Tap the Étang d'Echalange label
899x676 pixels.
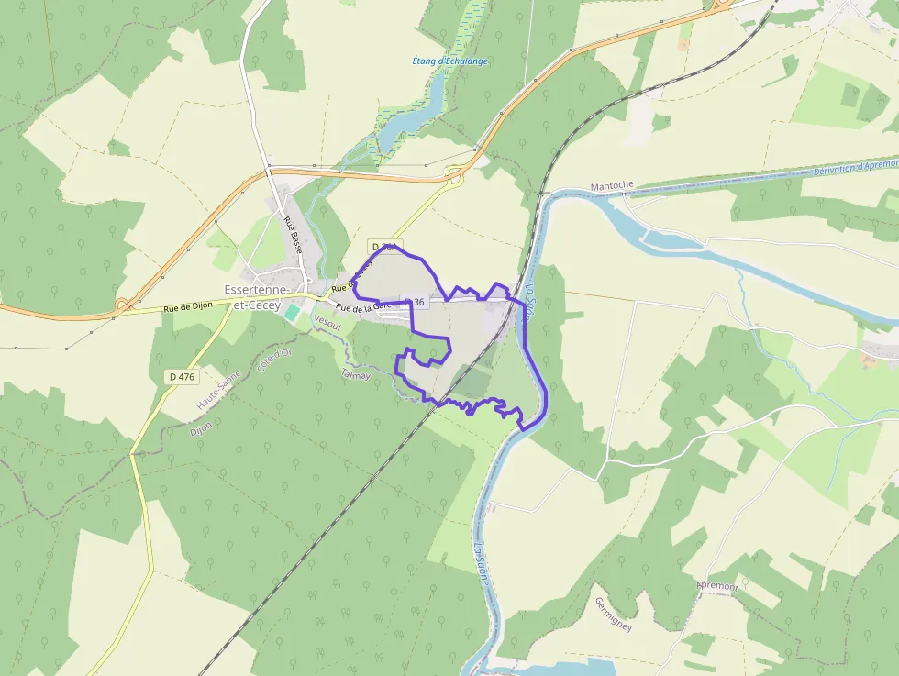click(x=450, y=61)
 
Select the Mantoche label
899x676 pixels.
click(x=612, y=185)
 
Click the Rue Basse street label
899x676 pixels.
click(x=293, y=235)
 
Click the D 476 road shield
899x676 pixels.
click(x=183, y=376)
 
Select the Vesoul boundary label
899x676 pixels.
click(x=327, y=322)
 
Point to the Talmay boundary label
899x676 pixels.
click(x=356, y=374)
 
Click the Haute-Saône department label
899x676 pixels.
click(x=218, y=389)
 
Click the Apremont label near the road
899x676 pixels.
click(x=716, y=586)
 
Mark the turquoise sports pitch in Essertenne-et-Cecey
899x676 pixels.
click(x=292, y=313)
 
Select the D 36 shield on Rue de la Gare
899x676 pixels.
click(x=415, y=302)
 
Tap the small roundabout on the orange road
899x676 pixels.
click(x=122, y=304)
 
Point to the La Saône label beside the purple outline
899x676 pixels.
click(x=531, y=295)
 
